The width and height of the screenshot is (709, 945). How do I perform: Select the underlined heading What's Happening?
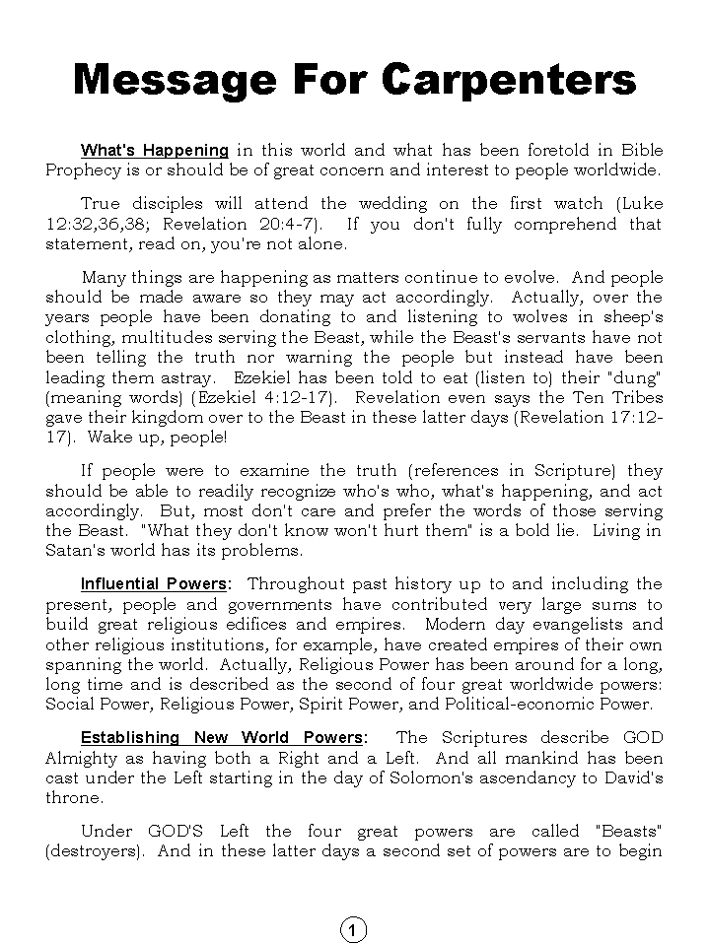point(154,151)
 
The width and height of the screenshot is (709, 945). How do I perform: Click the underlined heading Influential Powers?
point(154,584)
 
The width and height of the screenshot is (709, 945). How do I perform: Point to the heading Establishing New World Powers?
point(222,737)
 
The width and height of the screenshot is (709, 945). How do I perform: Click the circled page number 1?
point(353,929)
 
